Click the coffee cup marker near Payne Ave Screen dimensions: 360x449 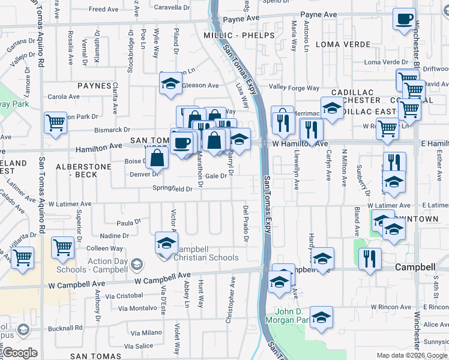coord(405,19)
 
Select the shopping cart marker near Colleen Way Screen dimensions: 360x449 coord(62,247)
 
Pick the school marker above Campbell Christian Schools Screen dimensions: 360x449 coord(166,242)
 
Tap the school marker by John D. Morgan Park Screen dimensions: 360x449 coord(321,317)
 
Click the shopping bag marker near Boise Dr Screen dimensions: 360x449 coord(157,159)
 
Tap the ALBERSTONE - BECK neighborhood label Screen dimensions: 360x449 coord(83,170)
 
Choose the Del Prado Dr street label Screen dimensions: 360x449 coord(246,223)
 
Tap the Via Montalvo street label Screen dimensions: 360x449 coord(137,308)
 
